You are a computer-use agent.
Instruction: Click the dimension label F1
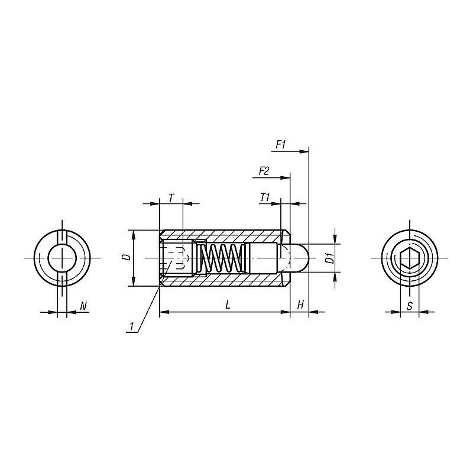coord(280,145)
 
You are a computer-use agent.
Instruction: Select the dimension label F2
coord(264,171)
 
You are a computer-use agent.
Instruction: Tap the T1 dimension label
coord(264,197)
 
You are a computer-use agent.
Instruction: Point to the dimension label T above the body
coord(171,198)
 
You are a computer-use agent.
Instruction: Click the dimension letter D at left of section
coord(127,257)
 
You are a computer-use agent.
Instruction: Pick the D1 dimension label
coord(331,258)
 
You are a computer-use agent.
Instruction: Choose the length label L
coord(228,304)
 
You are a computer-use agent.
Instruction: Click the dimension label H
coord(300,305)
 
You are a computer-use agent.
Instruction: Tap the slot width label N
coord(83,306)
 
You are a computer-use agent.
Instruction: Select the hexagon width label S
coord(409,306)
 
